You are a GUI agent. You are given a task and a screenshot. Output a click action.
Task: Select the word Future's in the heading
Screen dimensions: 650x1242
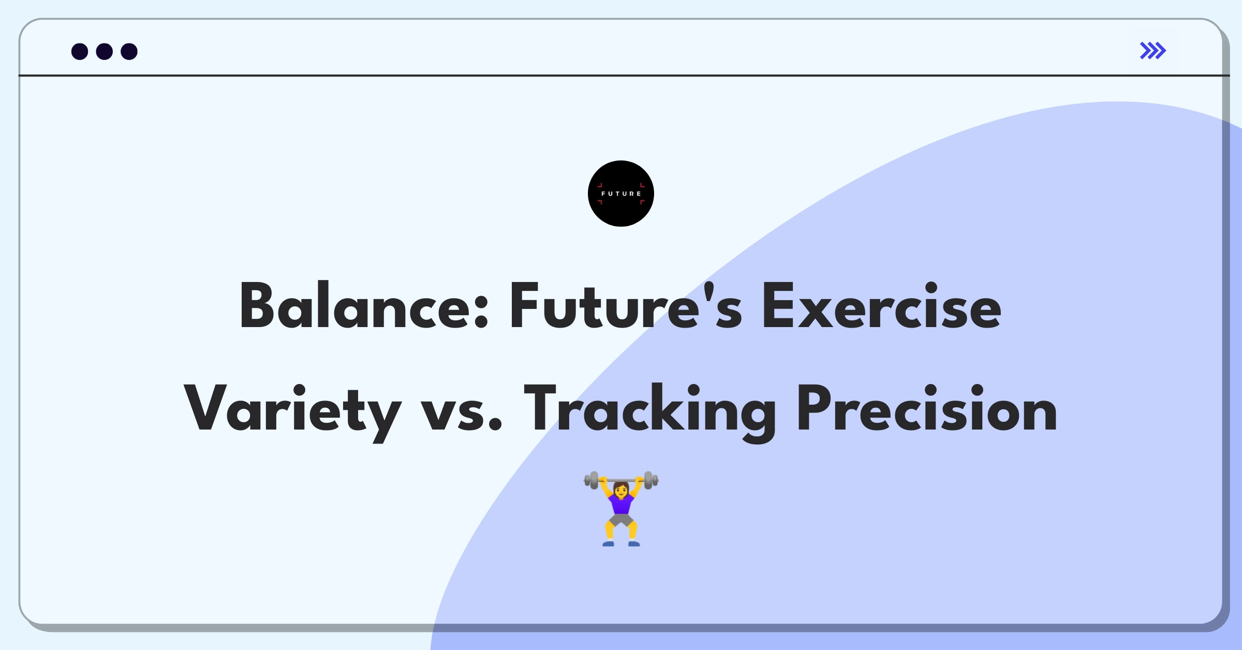click(625, 306)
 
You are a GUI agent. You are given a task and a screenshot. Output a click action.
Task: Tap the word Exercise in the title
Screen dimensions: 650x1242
click(881, 306)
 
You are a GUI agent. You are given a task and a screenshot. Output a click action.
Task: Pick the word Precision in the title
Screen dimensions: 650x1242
click(927, 409)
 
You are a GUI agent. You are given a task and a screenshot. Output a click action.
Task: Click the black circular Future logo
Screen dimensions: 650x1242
click(620, 194)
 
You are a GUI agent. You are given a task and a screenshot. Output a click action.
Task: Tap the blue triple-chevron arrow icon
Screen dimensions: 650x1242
click(1152, 51)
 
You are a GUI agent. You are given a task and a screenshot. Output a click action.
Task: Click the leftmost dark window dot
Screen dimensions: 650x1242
click(80, 51)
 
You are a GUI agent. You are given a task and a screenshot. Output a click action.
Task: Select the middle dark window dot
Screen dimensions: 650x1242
click(105, 51)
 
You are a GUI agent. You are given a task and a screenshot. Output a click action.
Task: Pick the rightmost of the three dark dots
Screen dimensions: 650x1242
click(129, 51)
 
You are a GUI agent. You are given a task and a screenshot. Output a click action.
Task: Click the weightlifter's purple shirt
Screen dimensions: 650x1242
click(621, 504)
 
